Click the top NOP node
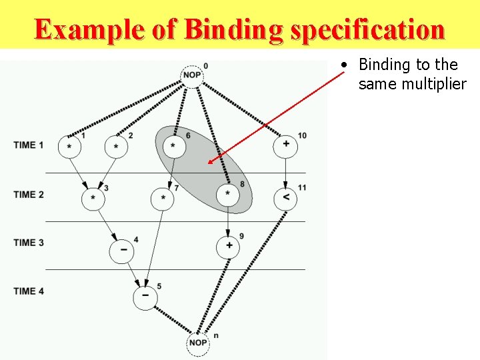192,75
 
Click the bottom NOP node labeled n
197,343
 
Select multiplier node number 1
70,147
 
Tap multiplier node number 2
116,147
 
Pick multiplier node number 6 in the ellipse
173,146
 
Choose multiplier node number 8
228,195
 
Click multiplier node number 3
93,199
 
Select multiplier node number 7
163,199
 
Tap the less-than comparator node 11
285,198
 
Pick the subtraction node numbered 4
123,250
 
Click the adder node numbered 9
228,247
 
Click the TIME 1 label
29,145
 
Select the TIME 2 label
29,195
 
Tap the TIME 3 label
29,243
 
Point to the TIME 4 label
29,291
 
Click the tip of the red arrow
208,163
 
